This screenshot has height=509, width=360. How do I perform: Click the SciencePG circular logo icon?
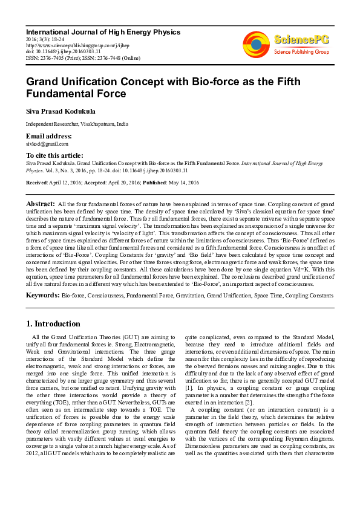[256, 44]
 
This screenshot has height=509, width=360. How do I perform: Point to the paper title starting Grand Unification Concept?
[155, 87]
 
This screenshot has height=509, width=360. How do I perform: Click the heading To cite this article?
[53, 156]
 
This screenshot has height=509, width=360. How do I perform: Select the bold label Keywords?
[42, 295]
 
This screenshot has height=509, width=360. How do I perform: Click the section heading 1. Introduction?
[54, 323]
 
